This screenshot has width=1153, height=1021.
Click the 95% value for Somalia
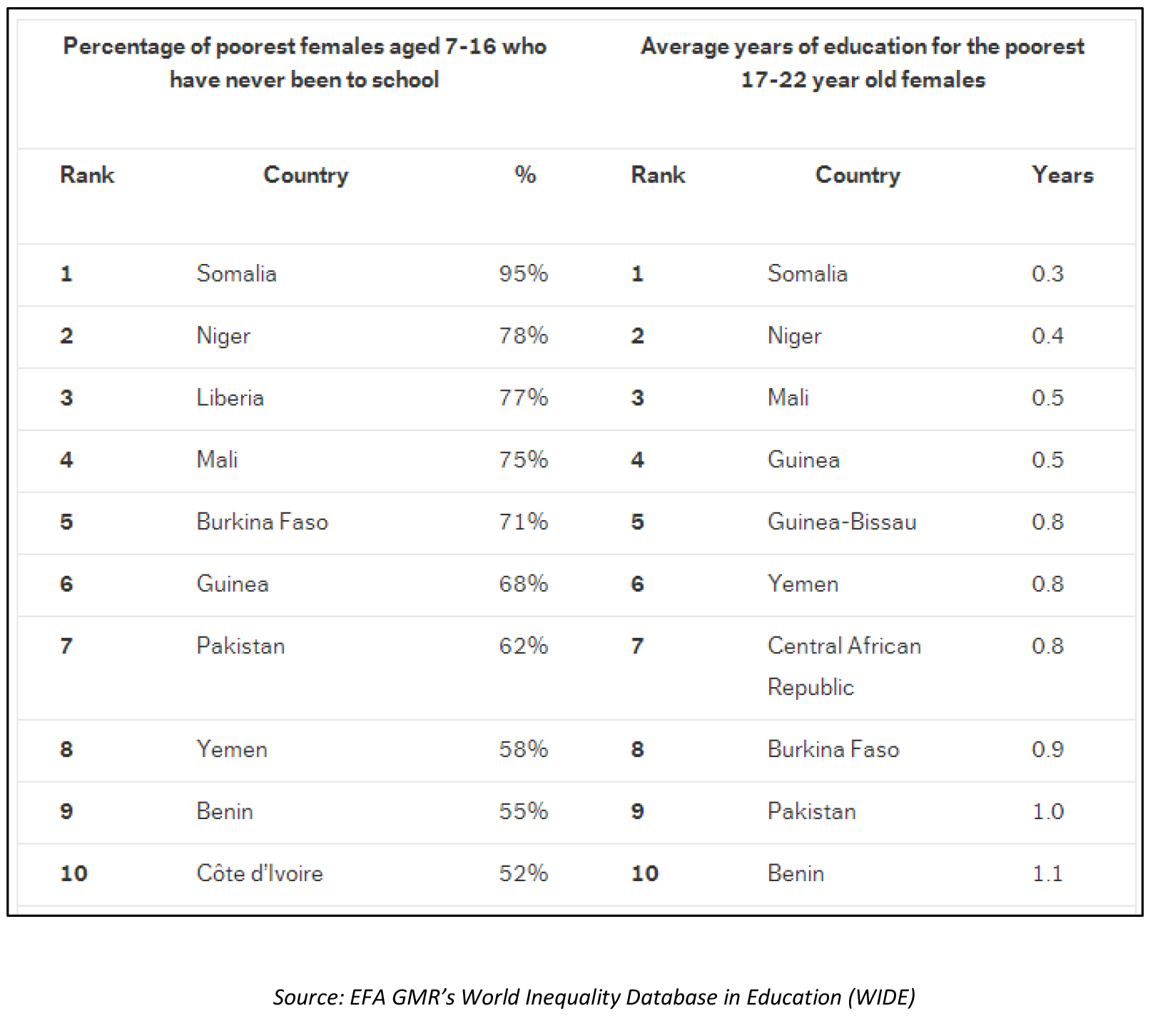pyautogui.click(x=523, y=274)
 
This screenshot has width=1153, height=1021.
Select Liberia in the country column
pyautogui.click(x=230, y=398)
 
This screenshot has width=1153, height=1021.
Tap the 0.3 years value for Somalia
pyautogui.click(x=1047, y=274)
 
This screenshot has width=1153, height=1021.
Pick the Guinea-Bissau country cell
pyautogui.click(x=841, y=522)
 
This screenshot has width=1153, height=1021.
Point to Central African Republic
pyautogui.click(x=843, y=666)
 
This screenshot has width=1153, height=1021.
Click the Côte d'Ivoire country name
pyautogui.click(x=260, y=874)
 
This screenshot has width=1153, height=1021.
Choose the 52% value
pyautogui.click(x=523, y=874)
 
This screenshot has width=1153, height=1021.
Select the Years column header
pyautogui.click(x=1062, y=176)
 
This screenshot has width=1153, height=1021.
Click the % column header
pyautogui.click(x=525, y=176)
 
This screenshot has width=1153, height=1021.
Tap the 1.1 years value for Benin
pyautogui.click(x=1047, y=874)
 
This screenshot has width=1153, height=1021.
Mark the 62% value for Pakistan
pyautogui.click(x=523, y=646)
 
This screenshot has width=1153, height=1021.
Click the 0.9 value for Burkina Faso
pyautogui.click(x=1047, y=750)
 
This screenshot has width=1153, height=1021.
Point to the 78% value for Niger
pyautogui.click(x=523, y=336)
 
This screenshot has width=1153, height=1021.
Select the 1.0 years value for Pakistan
pyautogui.click(x=1047, y=812)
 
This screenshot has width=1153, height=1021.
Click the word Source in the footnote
pyautogui.click(x=308, y=997)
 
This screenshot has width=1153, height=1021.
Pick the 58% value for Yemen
pyautogui.click(x=523, y=750)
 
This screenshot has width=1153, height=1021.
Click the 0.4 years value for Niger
pyautogui.click(x=1047, y=336)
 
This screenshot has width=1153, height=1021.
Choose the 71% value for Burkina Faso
pyautogui.click(x=523, y=522)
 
